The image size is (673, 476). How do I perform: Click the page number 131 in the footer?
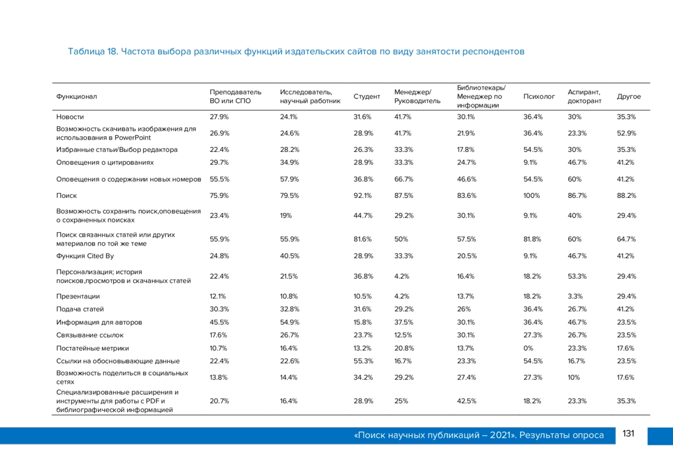pyautogui.click(x=628, y=433)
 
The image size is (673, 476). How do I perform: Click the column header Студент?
pyautogui.click(x=367, y=96)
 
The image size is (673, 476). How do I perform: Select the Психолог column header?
pyautogui.click(x=539, y=96)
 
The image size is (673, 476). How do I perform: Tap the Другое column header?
pyautogui.click(x=629, y=96)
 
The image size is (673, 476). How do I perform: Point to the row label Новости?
pyautogui.click(x=70, y=117)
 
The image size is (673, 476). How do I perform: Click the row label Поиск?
pyautogui.click(x=66, y=196)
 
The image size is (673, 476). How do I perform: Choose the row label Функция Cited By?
pyautogui.click(x=85, y=256)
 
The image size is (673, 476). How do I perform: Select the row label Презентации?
pyautogui.click(x=78, y=296)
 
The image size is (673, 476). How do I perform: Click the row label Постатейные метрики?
pyautogui.click(x=93, y=348)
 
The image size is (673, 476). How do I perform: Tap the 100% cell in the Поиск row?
pyautogui.click(x=532, y=196)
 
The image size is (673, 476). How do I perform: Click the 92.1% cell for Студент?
pyautogui.click(x=362, y=196)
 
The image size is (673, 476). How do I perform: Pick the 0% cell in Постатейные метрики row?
pyautogui.click(x=528, y=348)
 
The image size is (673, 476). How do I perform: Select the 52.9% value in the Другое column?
pyautogui.click(x=626, y=133)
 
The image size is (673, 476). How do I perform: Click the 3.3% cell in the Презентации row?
pyautogui.click(x=575, y=296)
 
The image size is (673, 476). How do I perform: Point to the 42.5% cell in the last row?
pyautogui.click(x=467, y=401)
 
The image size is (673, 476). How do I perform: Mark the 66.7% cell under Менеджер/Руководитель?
pyautogui.click(x=404, y=179)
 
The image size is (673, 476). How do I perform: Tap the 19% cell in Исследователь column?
pyautogui.click(x=285, y=215)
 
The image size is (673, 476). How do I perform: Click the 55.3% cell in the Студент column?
pyautogui.click(x=363, y=361)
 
